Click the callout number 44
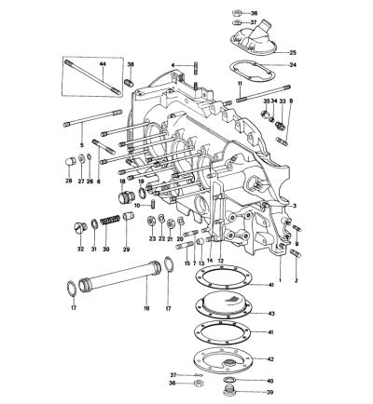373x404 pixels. [x=103, y=63]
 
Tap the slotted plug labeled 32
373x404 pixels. [x=80, y=228]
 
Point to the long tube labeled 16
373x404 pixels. [x=119, y=276]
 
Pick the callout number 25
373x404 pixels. [x=293, y=52]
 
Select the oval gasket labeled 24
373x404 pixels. [x=250, y=71]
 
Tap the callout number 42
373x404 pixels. [x=270, y=359]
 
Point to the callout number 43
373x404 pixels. [x=271, y=314]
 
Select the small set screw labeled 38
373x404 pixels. [x=130, y=83]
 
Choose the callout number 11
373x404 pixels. [x=240, y=83]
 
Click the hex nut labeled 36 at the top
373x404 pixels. [x=237, y=13]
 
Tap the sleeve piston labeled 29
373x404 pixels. [x=128, y=216]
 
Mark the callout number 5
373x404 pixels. [x=82, y=145]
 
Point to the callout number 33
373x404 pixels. [x=283, y=101]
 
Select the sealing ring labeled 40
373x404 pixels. [x=229, y=380]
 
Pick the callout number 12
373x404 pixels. [x=221, y=261]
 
